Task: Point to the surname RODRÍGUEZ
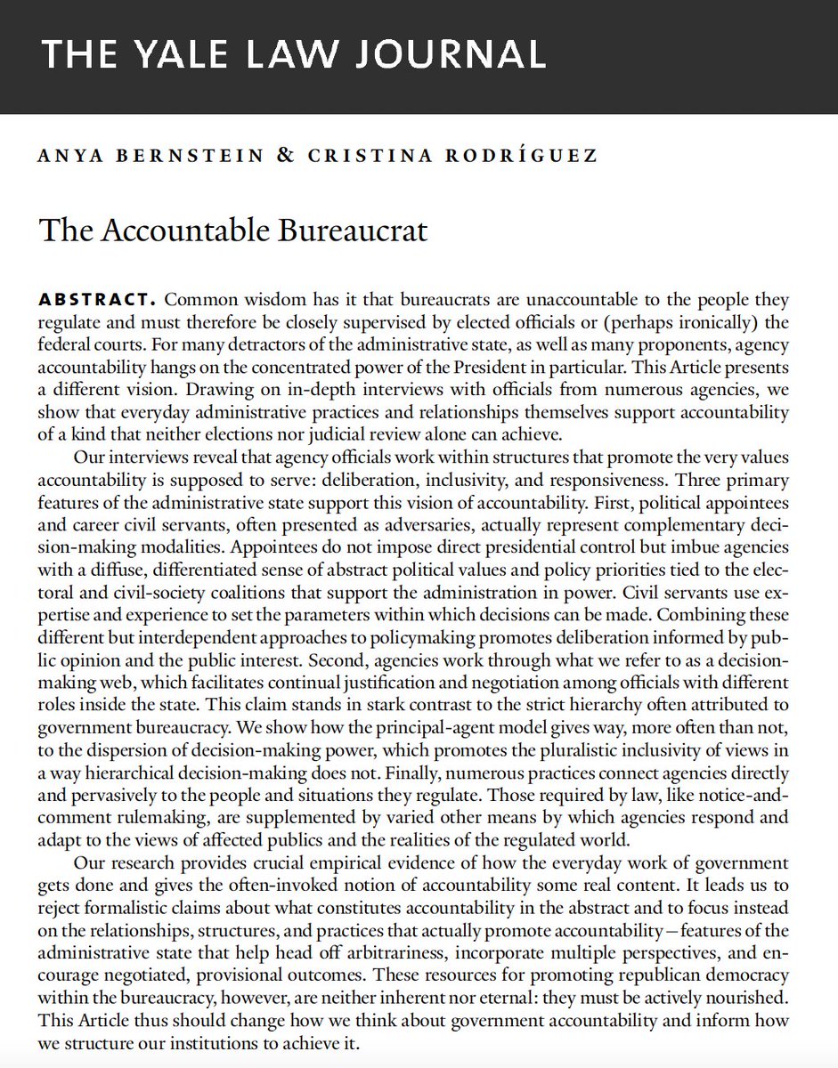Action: [525, 157]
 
